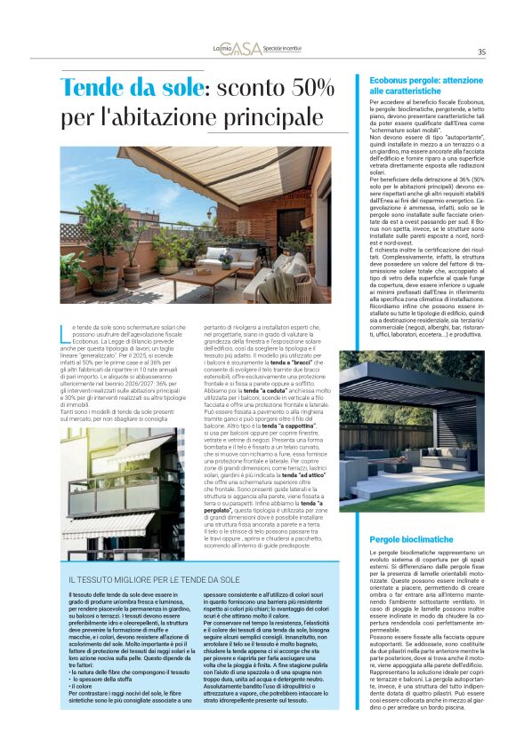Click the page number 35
(481, 52)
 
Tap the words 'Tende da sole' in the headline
(141, 89)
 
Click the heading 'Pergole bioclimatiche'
(411, 539)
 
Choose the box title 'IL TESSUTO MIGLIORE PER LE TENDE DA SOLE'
(153, 579)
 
